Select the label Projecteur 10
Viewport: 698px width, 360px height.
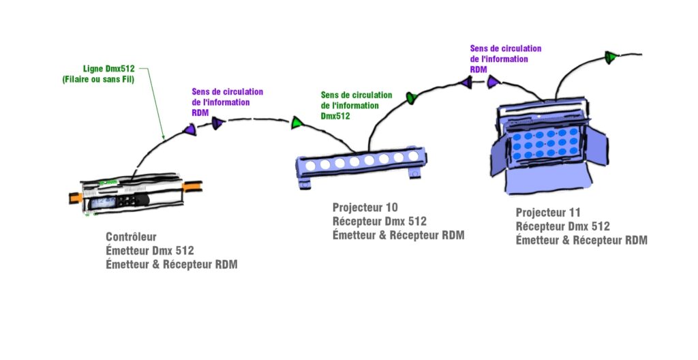(x=365, y=207)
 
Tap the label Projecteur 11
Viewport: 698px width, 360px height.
(x=548, y=212)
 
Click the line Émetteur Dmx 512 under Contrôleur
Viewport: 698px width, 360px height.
(x=150, y=251)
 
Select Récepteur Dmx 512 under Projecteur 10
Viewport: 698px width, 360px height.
(x=380, y=221)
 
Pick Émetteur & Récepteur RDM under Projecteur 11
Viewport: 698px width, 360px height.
(x=581, y=240)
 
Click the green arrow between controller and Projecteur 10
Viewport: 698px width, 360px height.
(x=297, y=123)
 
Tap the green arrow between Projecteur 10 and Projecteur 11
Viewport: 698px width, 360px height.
(x=412, y=99)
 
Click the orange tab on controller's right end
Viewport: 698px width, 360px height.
(x=192, y=185)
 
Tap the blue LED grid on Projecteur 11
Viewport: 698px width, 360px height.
(x=545, y=143)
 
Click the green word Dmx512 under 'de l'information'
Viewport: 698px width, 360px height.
(x=335, y=116)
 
